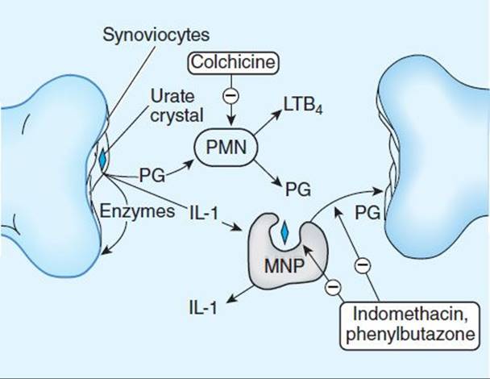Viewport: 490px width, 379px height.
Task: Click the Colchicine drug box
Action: click(x=232, y=63)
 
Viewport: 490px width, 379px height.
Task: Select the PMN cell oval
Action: click(x=226, y=147)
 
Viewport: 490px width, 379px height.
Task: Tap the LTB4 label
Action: click(x=302, y=105)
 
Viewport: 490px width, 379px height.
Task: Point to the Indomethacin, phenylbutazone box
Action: click(x=409, y=326)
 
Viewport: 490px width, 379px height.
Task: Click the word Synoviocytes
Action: click(x=156, y=35)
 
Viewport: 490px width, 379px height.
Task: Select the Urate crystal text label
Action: click(x=176, y=106)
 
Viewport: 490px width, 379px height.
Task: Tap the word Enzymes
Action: click(x=137, y=212)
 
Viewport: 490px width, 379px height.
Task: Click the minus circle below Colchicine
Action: click(x=231, y=95)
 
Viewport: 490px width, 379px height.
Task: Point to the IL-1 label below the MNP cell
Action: click(x=203, y=307)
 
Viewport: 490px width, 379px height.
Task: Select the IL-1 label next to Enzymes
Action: click(x=203, y=213)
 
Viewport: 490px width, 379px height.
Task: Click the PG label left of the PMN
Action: click(x=152, y=176)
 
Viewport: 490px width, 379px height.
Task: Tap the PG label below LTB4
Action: click(x=298, y=189)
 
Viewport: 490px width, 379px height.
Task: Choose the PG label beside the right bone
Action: click(x=367, y=213)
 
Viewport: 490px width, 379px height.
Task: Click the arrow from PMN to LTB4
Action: click(x=268, y=123)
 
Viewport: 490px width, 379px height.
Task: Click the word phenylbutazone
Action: click(x=410, y=335)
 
